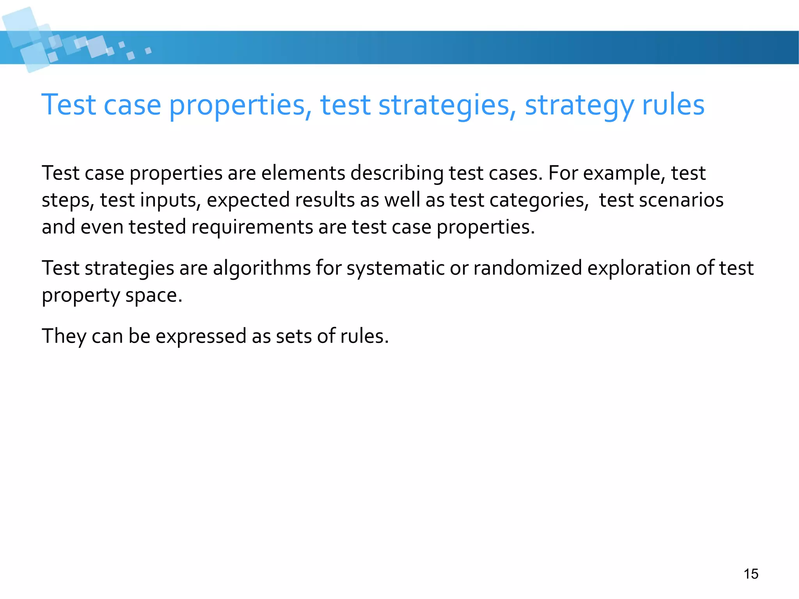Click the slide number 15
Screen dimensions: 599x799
click(751, 574)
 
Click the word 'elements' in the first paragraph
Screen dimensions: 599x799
click(303, 173)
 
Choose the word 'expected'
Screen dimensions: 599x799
click(248, 201)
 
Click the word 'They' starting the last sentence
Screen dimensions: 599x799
click(64, 336)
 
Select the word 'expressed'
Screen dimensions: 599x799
click(201, 336)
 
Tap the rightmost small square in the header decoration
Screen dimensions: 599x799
click(148, 51)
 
